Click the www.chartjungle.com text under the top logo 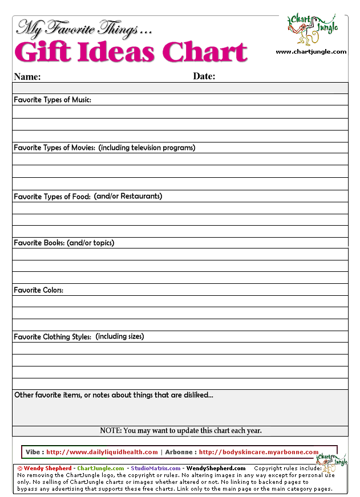(x=311, y=52)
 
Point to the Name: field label (x=27, y=76)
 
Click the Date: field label (x=204, y=76)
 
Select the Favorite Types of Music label (x=52, y=100)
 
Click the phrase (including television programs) (x=147, y=148)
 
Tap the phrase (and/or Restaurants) (x=128, y=196)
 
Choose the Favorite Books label (x=39, y=243)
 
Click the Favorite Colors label (x=38, y=290)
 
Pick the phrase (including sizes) (x=120, y=336)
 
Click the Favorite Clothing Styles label (x=52, y=337)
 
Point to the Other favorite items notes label (x=114, y=395)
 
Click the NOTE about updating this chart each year (x=180, y=431)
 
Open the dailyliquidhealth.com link (x=102, y=452)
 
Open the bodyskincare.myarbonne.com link (x=258, y=452)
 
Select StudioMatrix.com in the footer (x=155, y=469)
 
